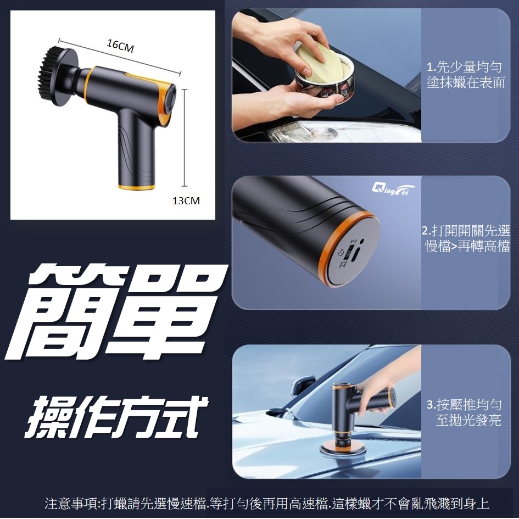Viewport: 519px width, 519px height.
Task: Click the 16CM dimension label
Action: pos(120,46)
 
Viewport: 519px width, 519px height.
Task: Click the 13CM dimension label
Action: pos(186,200)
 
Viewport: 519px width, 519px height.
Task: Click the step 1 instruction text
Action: pos(465,75)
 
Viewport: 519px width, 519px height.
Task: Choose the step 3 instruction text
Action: pos(464,412)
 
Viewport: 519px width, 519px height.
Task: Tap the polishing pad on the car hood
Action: pos(341,449)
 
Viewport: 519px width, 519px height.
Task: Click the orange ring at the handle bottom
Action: pos(137,187)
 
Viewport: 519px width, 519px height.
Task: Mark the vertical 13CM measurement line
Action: pos(185,138)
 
